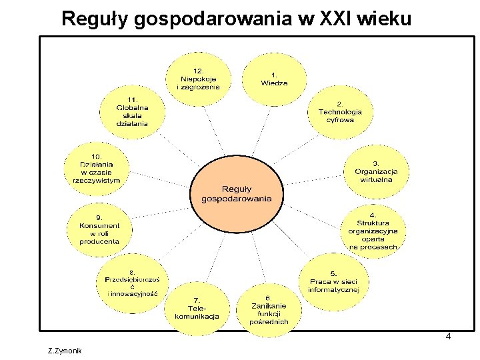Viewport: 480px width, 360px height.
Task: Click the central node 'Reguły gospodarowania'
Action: [x=237, y=193]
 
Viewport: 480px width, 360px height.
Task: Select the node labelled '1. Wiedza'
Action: [x=274, y=79]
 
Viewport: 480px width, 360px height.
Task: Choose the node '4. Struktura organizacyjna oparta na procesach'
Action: [x=373, y=229]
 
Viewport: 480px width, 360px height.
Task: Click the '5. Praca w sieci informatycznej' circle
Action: [x=333, y=281]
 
